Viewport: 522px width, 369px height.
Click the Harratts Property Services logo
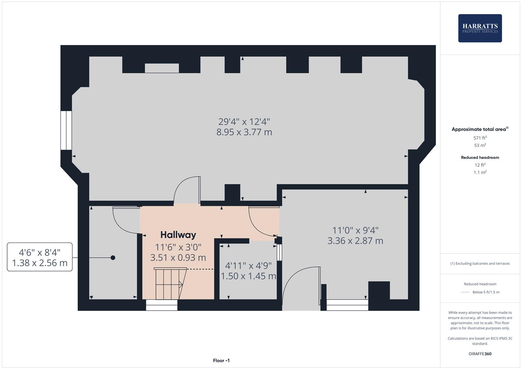click(x=480, y=28)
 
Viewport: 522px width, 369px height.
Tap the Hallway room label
click(x=178, y=235)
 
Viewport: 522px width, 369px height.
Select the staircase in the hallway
click(x=169, y=284)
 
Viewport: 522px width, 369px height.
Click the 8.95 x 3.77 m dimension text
click(x=244, y=132)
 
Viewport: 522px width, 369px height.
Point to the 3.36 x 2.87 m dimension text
click(x=355, y=241)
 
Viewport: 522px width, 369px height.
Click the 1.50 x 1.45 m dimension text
click(x=248, y=276)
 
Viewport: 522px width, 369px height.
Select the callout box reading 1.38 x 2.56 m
click(x=40, y=257)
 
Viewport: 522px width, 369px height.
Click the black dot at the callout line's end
click(x=113, y=258)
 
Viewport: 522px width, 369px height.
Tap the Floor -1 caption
click(x=221, y=360)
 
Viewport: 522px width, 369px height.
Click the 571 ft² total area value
click(x=480, y=138)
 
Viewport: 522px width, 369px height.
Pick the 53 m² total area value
click(x=480, y=145)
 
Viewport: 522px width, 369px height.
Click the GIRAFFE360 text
click(x=480, y=354)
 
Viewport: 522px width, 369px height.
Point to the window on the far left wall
click(x=66, y=130)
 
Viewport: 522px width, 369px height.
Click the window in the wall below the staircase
click(x=162, y=305)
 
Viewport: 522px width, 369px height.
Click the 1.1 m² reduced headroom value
click(x=480, y=173)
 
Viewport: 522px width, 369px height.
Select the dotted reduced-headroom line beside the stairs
click(x=200, y=269)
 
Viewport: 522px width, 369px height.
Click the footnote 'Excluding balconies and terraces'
click(x=480, y=263)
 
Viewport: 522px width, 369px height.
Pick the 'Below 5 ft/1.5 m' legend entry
click(x=485, y=292)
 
